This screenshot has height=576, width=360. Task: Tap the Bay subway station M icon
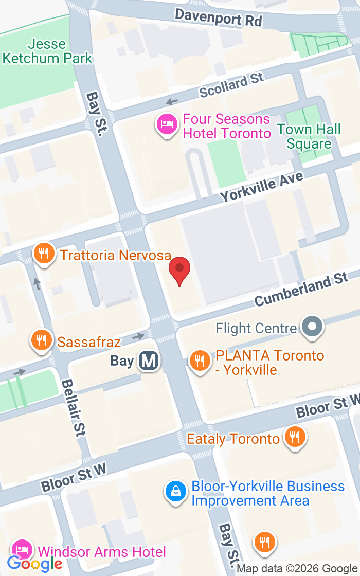149,361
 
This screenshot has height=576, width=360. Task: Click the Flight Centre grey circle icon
312,327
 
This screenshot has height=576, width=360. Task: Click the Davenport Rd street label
219,17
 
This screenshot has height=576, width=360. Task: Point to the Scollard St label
231,84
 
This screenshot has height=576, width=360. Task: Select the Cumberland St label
301,290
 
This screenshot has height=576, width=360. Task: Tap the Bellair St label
71,408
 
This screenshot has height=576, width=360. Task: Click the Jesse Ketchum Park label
47,51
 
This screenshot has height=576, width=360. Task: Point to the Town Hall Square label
309,136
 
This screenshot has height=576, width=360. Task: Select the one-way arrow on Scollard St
172,102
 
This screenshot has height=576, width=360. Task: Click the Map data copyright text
298,569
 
